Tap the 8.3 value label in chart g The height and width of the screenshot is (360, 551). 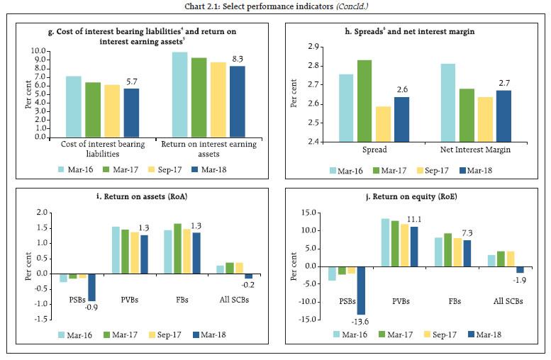(239, 59)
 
